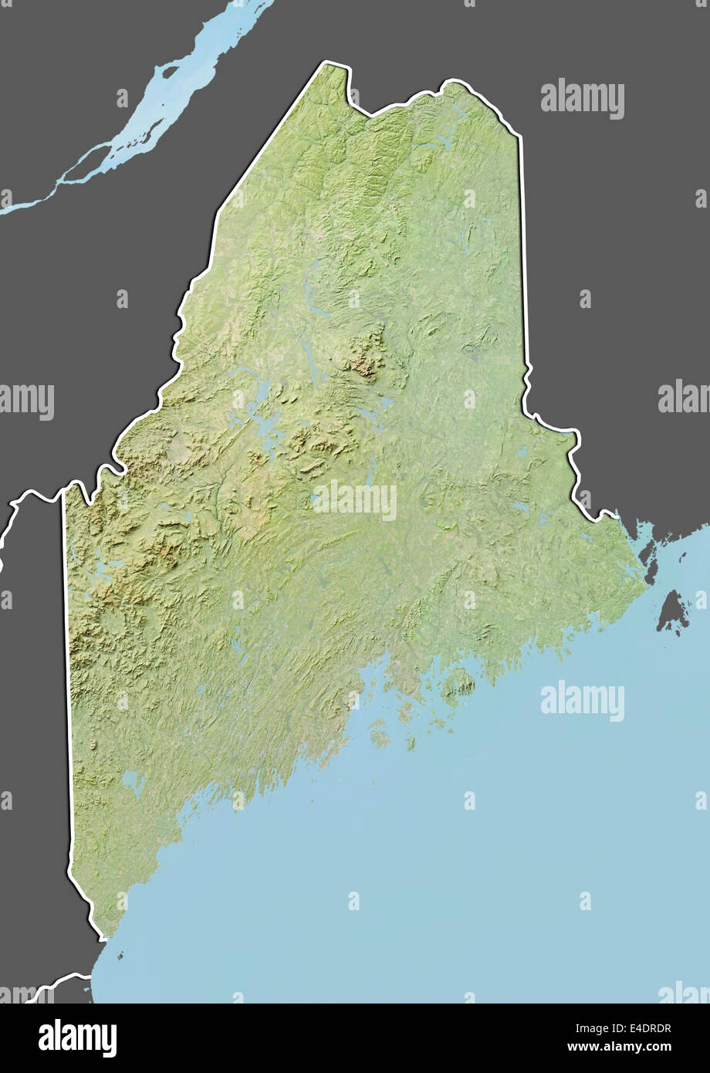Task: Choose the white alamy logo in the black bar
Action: coord(77,1037)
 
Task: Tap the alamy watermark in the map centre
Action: coord(355,501)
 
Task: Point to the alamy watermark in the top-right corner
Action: coord(582,98)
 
